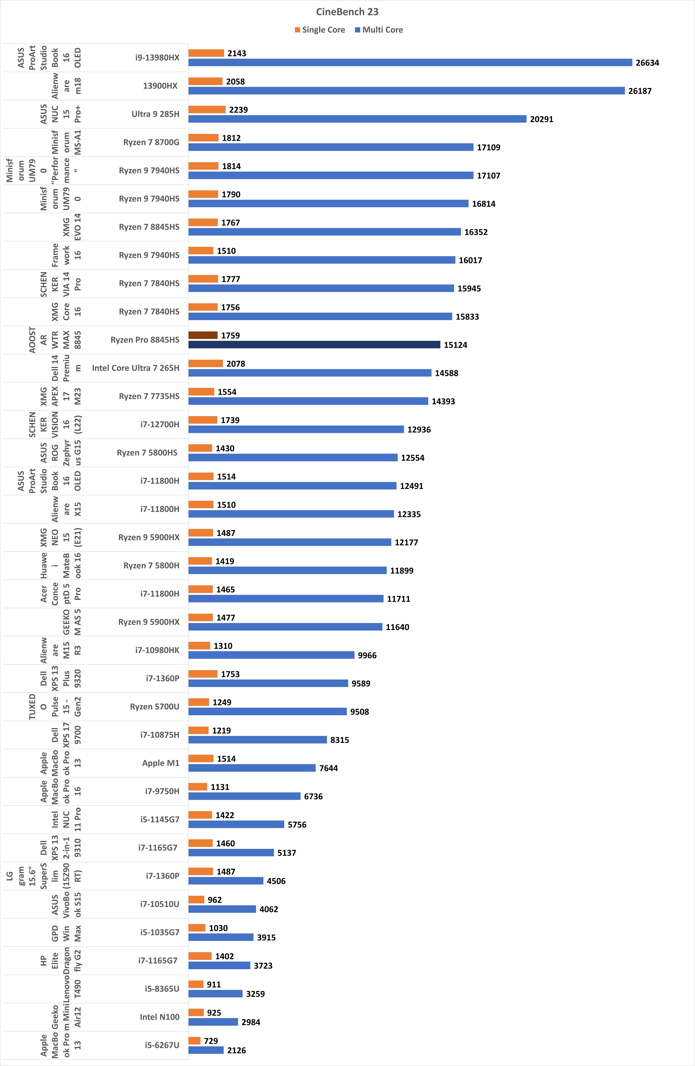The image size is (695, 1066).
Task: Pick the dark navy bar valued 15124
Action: (314, 344)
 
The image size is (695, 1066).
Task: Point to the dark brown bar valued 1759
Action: (203, 335)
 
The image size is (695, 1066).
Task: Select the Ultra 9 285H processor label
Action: (156, 114)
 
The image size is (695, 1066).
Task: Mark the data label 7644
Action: (328, 768)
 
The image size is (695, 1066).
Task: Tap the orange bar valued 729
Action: (194, 1041)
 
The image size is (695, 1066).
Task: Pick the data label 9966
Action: (367, 655)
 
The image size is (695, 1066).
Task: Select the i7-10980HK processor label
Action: (157, 650)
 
